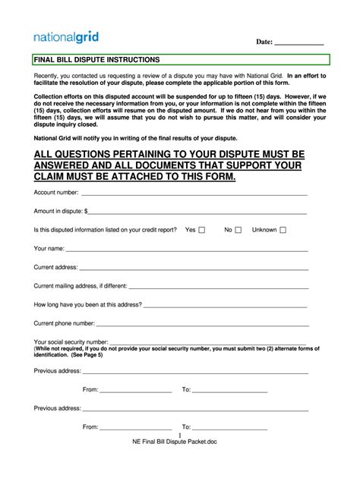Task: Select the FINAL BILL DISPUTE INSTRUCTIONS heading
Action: pos(97,59)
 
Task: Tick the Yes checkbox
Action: pos(202,230)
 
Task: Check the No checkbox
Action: pos(238,230)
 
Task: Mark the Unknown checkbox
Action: pos(283,230)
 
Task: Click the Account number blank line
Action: pos(194,193)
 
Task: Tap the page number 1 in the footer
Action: pos(178,435)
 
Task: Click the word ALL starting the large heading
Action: pos(46,154)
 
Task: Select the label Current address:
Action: pos(55,267)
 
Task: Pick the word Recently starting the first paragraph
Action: pos(48,77)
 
